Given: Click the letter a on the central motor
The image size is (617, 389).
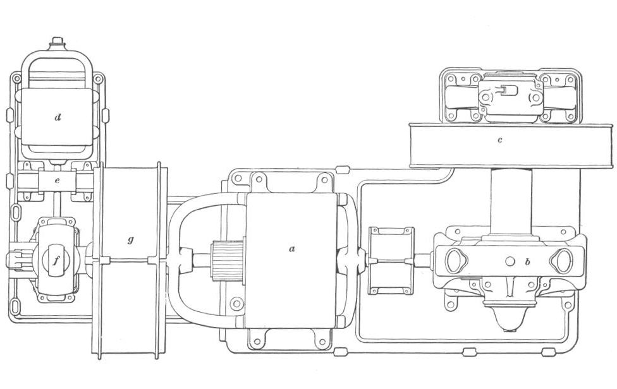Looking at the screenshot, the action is click(291, 249).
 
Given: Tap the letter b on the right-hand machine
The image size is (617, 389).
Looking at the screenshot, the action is click(528, 261).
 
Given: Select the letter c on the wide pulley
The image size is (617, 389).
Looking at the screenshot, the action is click(500, 140).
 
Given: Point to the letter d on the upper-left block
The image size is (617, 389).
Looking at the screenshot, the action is click(58, 117).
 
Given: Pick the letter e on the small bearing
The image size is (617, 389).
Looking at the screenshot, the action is click(58, 181).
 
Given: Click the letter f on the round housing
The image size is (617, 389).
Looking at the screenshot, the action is click(55, 261).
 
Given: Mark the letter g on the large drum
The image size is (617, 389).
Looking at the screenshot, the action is click(131, 239).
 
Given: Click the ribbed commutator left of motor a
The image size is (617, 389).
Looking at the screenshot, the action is click(228, 261).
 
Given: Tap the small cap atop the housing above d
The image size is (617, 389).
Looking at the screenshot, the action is click(58, 41).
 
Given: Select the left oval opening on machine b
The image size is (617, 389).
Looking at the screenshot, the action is click(456, 261).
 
